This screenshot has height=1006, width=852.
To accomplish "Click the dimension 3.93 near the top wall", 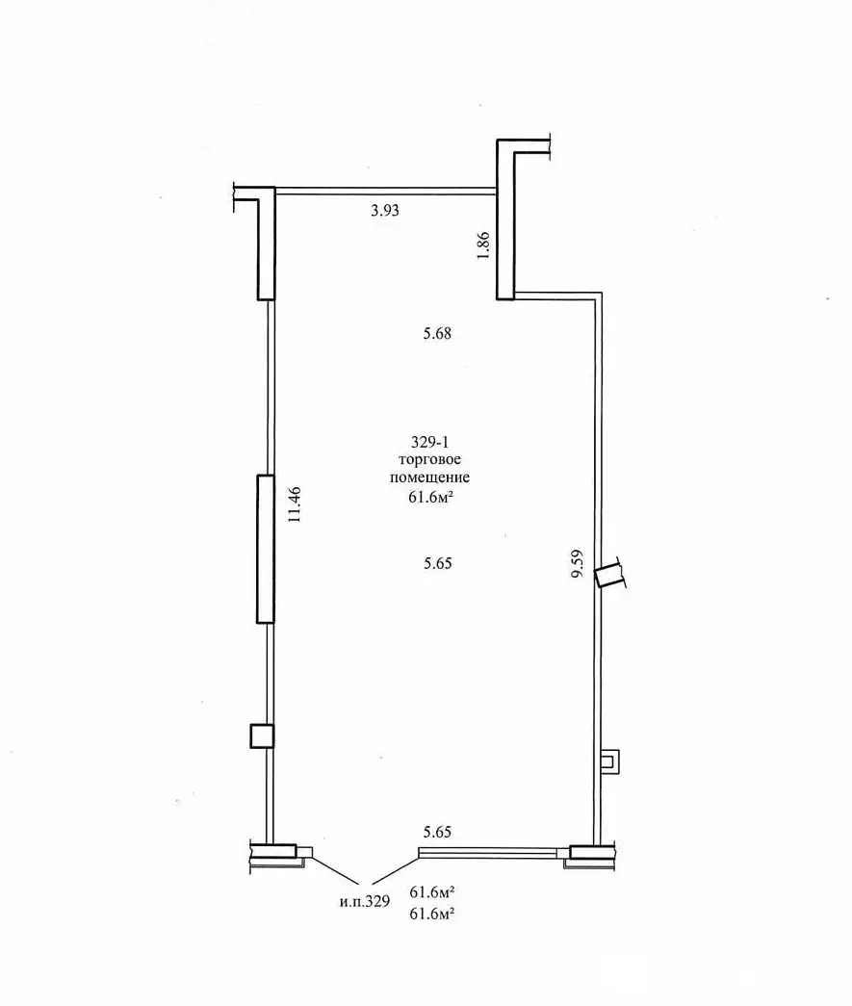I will tap(384, 212).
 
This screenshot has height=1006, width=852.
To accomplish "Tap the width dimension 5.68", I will tap(437, 335).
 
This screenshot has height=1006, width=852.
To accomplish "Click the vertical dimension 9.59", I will tap(577, 562).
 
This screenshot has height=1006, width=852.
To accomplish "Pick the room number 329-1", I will tap(430, 443).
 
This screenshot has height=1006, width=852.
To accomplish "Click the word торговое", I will tap(430, 460).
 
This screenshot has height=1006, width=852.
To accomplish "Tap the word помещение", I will tap(430, 477).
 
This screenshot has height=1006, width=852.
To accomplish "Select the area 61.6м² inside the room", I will tap(430, 496).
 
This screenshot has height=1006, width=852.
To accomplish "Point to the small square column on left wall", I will tap(262, 736).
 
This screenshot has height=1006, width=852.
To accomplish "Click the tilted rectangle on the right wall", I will tap(608, 576).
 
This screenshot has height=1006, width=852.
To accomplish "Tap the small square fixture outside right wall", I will tap(608, 761).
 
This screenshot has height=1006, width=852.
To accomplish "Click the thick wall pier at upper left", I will tap(267, 245).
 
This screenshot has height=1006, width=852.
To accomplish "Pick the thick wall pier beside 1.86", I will tap(506, 221).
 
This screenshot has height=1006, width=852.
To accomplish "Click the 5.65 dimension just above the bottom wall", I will tap(438, 832).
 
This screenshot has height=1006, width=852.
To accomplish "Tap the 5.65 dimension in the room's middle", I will tap(438, 564).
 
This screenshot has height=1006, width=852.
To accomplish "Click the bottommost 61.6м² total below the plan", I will tap(432, 915).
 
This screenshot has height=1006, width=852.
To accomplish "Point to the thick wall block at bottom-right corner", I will tap(587, 852).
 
